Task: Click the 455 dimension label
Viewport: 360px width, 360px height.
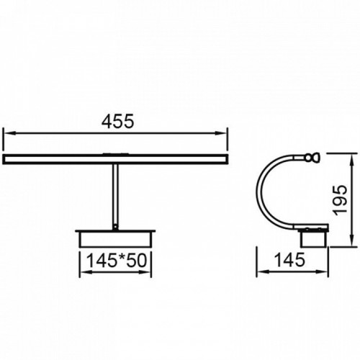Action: [117, 121]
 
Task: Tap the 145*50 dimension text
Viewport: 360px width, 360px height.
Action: [116, 261]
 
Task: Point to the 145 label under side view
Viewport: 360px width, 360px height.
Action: [289, 260]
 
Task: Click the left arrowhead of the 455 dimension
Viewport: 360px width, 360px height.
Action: [9, 133]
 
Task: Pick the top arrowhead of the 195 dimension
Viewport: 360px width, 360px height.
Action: [352, 160]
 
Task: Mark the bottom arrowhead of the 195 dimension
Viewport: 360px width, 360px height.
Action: [352, 240]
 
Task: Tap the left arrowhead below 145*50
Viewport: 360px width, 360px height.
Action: [85, 272]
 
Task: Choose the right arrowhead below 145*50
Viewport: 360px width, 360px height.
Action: [145, 272]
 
